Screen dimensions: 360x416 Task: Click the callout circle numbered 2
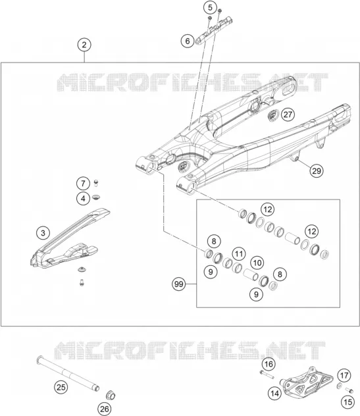point(84,45)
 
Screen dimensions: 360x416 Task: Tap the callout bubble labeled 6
point(188,41)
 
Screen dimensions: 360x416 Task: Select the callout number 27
point(288,115)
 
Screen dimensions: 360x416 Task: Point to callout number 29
point(317,170)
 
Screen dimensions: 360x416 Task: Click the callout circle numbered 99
point(179,284)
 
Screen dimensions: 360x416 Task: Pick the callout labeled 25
point(61,387)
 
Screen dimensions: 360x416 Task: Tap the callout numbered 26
point(104,409)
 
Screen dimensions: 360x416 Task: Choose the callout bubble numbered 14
point(274,393)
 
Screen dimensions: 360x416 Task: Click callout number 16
point(269,364)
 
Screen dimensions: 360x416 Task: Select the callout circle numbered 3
point(43,233)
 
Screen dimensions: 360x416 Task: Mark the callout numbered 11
point(239,254)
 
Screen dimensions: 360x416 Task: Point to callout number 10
point(257,263)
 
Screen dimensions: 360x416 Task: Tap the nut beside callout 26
point(110,395)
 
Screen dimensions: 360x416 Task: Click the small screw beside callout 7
point(96,183)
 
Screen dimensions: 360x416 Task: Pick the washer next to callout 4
point(97,197)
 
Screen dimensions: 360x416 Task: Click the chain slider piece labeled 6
point(214,31)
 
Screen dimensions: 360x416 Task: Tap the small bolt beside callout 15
point(349,390)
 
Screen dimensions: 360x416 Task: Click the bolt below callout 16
point(267,375)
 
